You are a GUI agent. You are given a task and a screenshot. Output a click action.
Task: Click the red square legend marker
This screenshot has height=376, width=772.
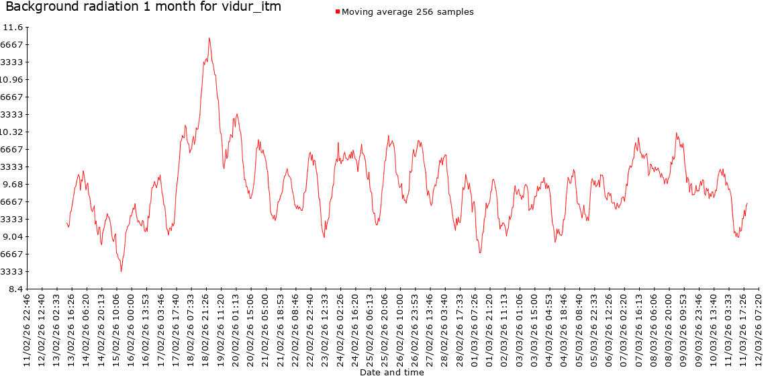pyautogui.click(x=338, y=12)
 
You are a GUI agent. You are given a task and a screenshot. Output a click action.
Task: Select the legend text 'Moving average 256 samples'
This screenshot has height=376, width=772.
pyautogui.click(x=407, y=12)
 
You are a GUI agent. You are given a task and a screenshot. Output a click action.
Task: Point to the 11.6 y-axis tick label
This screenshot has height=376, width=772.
pyautogui.click(x=13, y=28)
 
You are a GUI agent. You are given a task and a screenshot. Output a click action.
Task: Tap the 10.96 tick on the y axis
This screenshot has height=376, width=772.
pyautogui.click(x=13, y=79)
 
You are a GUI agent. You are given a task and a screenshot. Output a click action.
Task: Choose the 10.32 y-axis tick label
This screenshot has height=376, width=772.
pyautogui.click(x=13, y=132)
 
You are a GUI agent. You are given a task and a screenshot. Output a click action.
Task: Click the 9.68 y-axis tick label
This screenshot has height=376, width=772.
pyautogui.click(x=14, y=184)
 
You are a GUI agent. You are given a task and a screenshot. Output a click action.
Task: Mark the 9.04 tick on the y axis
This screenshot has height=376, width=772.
pyautogui.click(x=14, y=236)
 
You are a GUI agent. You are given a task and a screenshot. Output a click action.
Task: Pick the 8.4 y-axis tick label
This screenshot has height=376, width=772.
pyautogui.click(x=16, y=289)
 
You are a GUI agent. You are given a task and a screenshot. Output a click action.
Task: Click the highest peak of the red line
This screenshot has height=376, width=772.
pyautogui.click(x=209, y=38)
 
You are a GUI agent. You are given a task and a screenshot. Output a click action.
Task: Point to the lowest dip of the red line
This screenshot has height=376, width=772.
pyautogui.click(x=122, y=271)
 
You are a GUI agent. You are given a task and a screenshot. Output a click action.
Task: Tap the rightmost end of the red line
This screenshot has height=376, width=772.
pyautogui.click(x=747, y=203)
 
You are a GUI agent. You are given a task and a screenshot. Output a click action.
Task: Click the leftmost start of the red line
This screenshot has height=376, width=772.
pyautogui.click(x=67, y=222)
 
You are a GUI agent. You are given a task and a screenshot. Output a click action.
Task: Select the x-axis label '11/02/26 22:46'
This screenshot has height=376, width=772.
pyautogui.click(x=27, y=329)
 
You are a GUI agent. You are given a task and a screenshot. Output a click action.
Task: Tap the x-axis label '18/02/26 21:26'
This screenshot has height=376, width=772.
pyautogui.click(x=206, y=329)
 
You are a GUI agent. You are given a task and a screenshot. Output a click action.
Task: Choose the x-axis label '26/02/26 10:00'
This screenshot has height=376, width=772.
pyautogui.click(x=401, y=329)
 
